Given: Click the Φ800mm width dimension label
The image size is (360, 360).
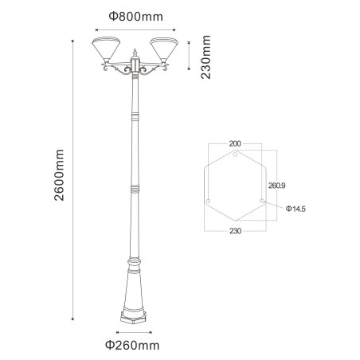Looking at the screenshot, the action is coord(135,17).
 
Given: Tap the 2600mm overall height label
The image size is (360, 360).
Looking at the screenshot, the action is coord(59,175).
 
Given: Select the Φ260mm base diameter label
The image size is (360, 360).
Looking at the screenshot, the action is coord(132,346).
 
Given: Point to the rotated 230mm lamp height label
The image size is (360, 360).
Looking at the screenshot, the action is coord(205,57).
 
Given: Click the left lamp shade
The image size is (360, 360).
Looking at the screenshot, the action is coord(106,49).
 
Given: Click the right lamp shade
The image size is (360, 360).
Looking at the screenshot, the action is coord(164,49).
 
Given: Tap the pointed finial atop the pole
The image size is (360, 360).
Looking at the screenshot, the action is coord(135,53).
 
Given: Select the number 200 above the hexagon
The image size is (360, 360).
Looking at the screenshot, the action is coord(235,143).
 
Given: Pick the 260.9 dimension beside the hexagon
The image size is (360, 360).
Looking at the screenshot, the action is coord(276,186).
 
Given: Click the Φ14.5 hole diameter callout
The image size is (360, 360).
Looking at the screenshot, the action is coord(295,209).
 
